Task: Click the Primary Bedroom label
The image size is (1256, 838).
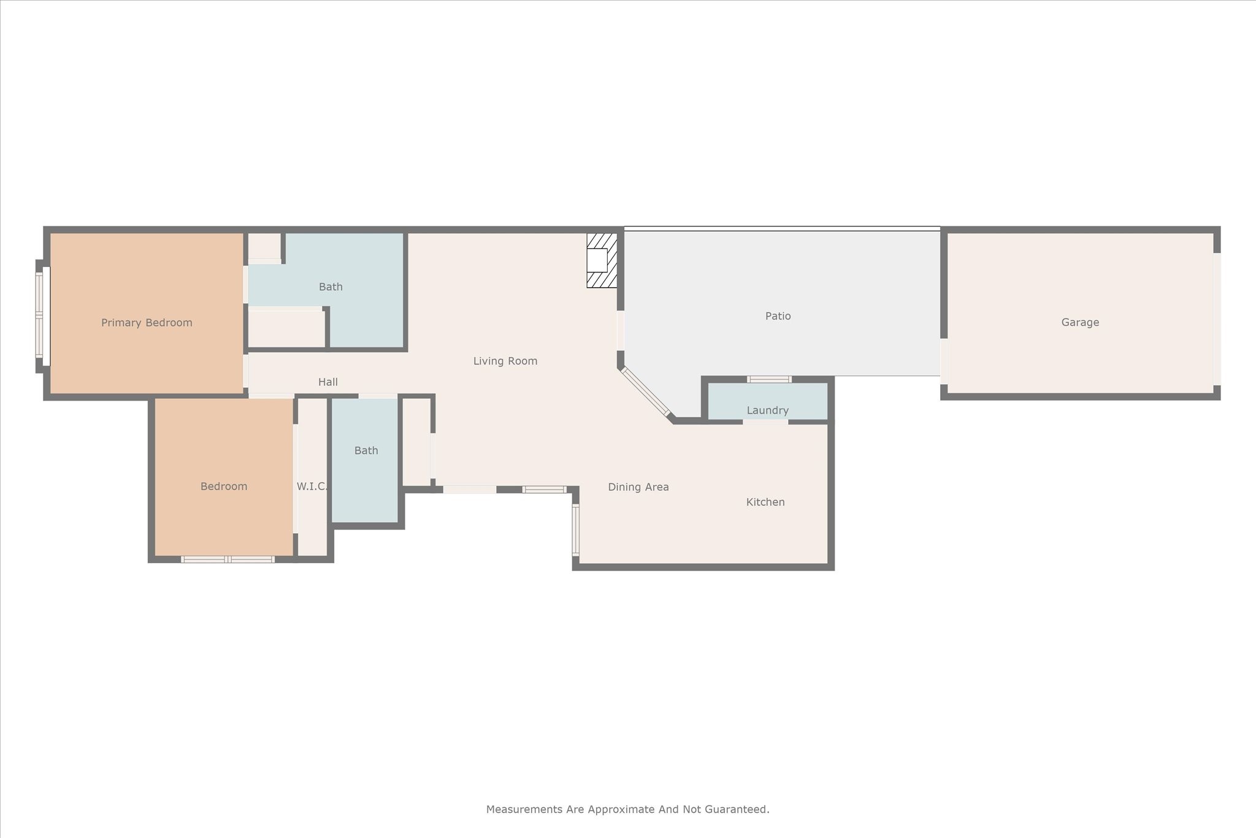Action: click(147, 323)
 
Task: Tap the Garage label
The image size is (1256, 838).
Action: click(1080, 322)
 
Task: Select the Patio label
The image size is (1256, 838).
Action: click(778, 316)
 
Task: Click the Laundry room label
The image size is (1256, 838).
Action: click(767, 410)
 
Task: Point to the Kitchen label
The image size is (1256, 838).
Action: click(765, 502)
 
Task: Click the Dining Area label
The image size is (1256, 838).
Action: click(638, 487)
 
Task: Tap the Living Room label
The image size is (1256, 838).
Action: click(505, 361)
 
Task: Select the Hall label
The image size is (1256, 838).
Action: click(327, 382)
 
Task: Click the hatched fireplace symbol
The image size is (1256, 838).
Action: click(602, 260)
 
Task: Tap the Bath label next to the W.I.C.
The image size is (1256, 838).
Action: click(366, 450)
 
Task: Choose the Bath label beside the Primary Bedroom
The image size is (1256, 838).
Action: click(331, 286)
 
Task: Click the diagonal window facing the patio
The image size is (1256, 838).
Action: click(645, 391)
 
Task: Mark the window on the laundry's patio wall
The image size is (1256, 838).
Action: click(769, 379)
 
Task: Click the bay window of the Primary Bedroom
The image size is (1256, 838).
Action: click(39, 315)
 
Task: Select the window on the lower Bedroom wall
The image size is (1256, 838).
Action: click(228, 559)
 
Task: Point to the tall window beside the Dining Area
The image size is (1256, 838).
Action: click(575, 529)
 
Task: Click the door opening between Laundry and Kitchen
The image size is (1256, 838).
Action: click(765, 422)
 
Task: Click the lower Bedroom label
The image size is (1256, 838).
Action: click(224, 486)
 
